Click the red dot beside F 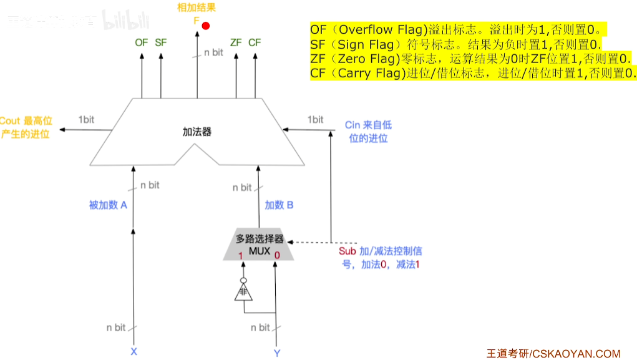(x=205, y=26)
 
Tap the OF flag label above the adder (x=142, y=42)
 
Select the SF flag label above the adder (x=161, y=42)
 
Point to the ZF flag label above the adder (x=236, y=42)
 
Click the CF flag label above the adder (x=255, y=42)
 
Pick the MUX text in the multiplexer (x=258, y=251)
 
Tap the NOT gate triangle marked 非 (x=241, y=291)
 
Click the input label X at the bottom (x=134, y=352)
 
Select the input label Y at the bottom (x=277, y=353)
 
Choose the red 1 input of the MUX (x=240, y=255)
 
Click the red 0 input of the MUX (x=277, y=255)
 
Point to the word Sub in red (x=348, y=251)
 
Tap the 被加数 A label (x=109, y=205)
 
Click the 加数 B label (x=279, y=205)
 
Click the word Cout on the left (x=10, y=120)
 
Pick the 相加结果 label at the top (x=197, y=8)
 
